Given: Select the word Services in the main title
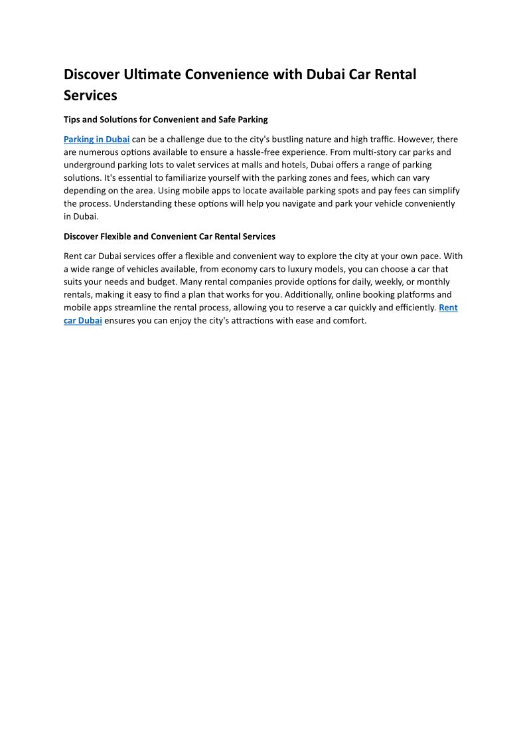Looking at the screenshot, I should pyautogui.click(x=90, y=95).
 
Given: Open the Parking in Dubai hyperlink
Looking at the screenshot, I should pyautogui.click(x=96, y=140).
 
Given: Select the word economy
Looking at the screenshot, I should pyautogui.click(x=264, y=269).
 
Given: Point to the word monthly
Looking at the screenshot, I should pyautogui.click(x=432, y=282).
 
